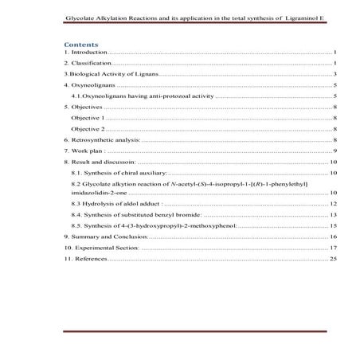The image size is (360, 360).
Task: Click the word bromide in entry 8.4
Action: [x=187, y=215]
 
